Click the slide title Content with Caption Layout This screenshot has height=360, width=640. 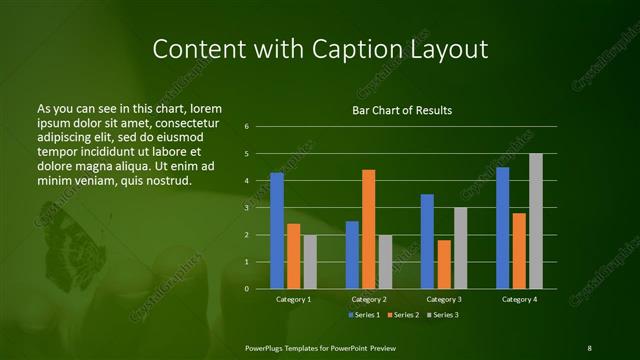pos(319,49)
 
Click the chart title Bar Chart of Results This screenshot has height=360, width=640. pos(401,110)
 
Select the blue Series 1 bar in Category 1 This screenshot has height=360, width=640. pos(276,231)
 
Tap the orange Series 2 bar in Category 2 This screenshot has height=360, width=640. pos(368,229)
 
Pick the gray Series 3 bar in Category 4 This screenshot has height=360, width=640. pos(535,221)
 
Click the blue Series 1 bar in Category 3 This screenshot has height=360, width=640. pos(427,241)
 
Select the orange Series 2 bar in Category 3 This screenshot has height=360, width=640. pos(444,264)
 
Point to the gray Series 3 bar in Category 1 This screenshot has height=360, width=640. pos(310,262)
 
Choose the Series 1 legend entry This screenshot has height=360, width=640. pos(365,315)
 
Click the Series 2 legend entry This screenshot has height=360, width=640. pos(404,315)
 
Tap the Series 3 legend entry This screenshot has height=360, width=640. pos(443,315)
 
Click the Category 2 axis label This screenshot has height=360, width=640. pos(369,299)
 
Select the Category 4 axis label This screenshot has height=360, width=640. pos(519,299)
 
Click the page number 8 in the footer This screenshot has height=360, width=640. pos(589,347)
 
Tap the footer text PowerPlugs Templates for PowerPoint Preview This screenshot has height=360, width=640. pos(319,347)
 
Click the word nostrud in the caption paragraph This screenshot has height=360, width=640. pos(166,180)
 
